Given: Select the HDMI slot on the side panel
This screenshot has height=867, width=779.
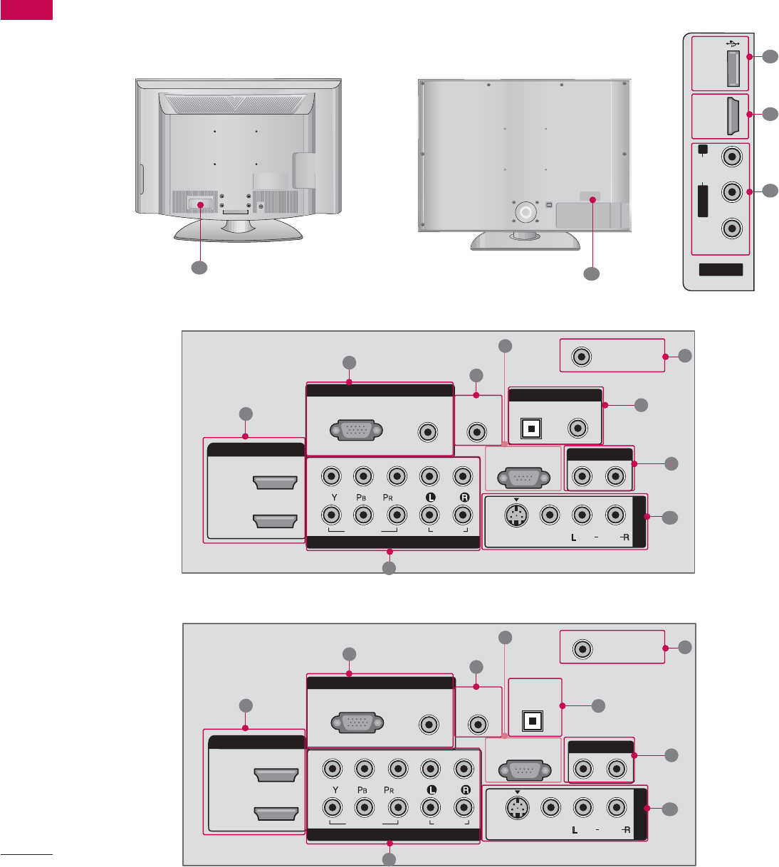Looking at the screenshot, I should point(731,117).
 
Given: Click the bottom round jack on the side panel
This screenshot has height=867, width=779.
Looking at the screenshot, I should point(731,228).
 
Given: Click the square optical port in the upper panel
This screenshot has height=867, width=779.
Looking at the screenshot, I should point(532,429).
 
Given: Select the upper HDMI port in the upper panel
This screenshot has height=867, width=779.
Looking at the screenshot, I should point(275,484).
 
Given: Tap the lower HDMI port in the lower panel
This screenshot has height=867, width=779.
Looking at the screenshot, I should point(276,814).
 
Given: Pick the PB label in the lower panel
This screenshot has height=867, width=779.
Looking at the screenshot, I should point(363,790).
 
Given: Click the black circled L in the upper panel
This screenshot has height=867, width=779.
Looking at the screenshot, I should point(429,498).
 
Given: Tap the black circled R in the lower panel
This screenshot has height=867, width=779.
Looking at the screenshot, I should point(465,790).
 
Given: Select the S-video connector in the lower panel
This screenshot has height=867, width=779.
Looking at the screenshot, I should point(517,808).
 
